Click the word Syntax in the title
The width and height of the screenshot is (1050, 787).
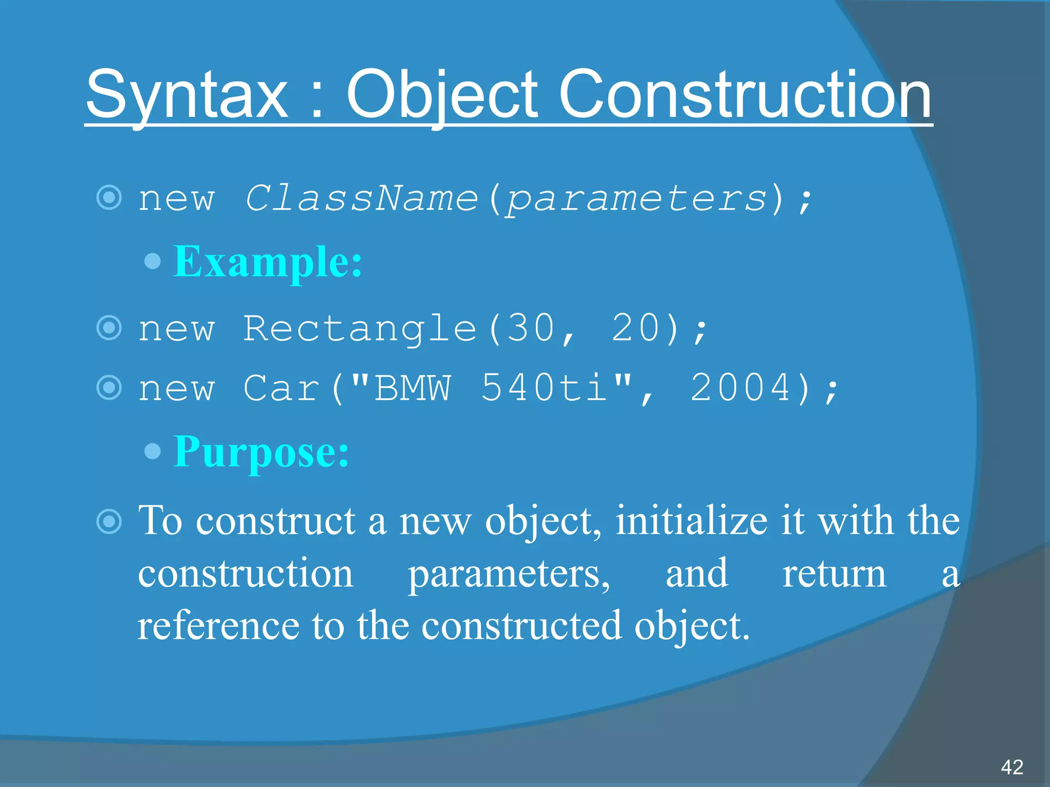point(187,95)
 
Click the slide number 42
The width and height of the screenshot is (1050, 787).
point(1012,767)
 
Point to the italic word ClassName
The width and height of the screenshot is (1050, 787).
point(361,198)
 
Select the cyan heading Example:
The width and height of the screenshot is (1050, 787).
point(268,262)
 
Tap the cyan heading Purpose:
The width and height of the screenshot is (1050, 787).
point(261,452)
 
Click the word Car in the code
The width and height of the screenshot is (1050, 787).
point(281,388)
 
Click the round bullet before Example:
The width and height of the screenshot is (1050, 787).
point(153,262)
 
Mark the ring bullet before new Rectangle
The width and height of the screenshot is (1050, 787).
point(109,328)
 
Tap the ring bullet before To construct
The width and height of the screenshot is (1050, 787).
point(109,522)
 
